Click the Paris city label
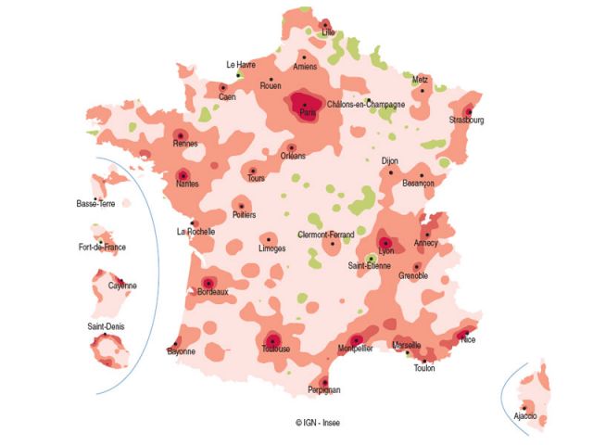pos(309,113)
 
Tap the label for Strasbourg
pos(467,121)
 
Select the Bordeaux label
pos(212,292)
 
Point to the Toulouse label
pos(276,350)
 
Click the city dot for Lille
pos(325,24)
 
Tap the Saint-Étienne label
pos(369,267)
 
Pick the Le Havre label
pos(241,65)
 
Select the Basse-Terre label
pos(95,203)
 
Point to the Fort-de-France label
pos(102,248)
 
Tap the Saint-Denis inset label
pos(107,327)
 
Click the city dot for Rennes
pos(181,135)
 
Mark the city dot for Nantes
pos(183,174)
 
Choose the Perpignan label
pos(323,390)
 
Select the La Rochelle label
pos(196,232)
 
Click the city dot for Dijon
pos(391,172)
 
